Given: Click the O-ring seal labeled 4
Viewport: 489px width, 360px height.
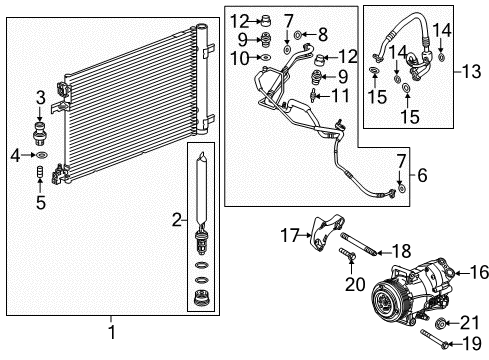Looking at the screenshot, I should point(41,155).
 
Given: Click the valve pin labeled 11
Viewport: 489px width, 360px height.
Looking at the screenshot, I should point(316,96).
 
